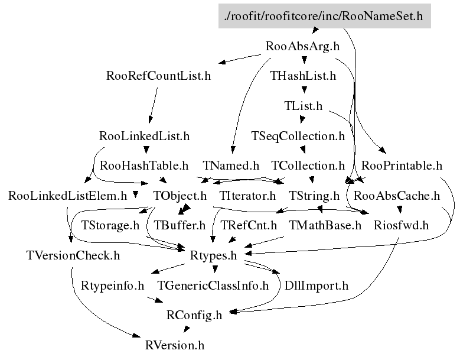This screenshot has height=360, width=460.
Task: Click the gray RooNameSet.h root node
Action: (x=324, y=16)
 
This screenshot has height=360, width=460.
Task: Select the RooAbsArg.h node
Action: (x=302, y=46)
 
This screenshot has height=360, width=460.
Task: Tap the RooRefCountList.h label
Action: (x=158, y=76)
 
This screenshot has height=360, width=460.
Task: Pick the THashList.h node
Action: (x=303, y=76)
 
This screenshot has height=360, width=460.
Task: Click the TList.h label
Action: (x=303, y=106)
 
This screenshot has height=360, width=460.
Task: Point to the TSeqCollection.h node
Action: (x=298, y=136)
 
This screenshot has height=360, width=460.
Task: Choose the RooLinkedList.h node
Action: (x=145, y=136)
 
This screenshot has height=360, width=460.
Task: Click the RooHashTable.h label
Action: (x=144, y=166)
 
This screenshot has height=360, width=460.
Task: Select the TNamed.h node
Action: (x=231, y=166)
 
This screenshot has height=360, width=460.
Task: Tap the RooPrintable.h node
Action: (x=402, y=166)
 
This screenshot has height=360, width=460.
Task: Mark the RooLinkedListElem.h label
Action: (x=68, y=195)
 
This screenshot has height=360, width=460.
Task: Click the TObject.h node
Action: (x=180, y=195)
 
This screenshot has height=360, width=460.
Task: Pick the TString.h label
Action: (x=314, y=195)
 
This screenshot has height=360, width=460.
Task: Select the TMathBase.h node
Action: (x=325, y=225)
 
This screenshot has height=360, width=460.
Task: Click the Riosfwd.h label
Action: (x=401, y=225)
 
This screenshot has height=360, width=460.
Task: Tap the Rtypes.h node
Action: (x=214, y=255)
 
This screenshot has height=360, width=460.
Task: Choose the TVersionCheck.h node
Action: (x=73, y=255)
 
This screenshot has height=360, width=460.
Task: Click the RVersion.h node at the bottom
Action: (x=174, y=345)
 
